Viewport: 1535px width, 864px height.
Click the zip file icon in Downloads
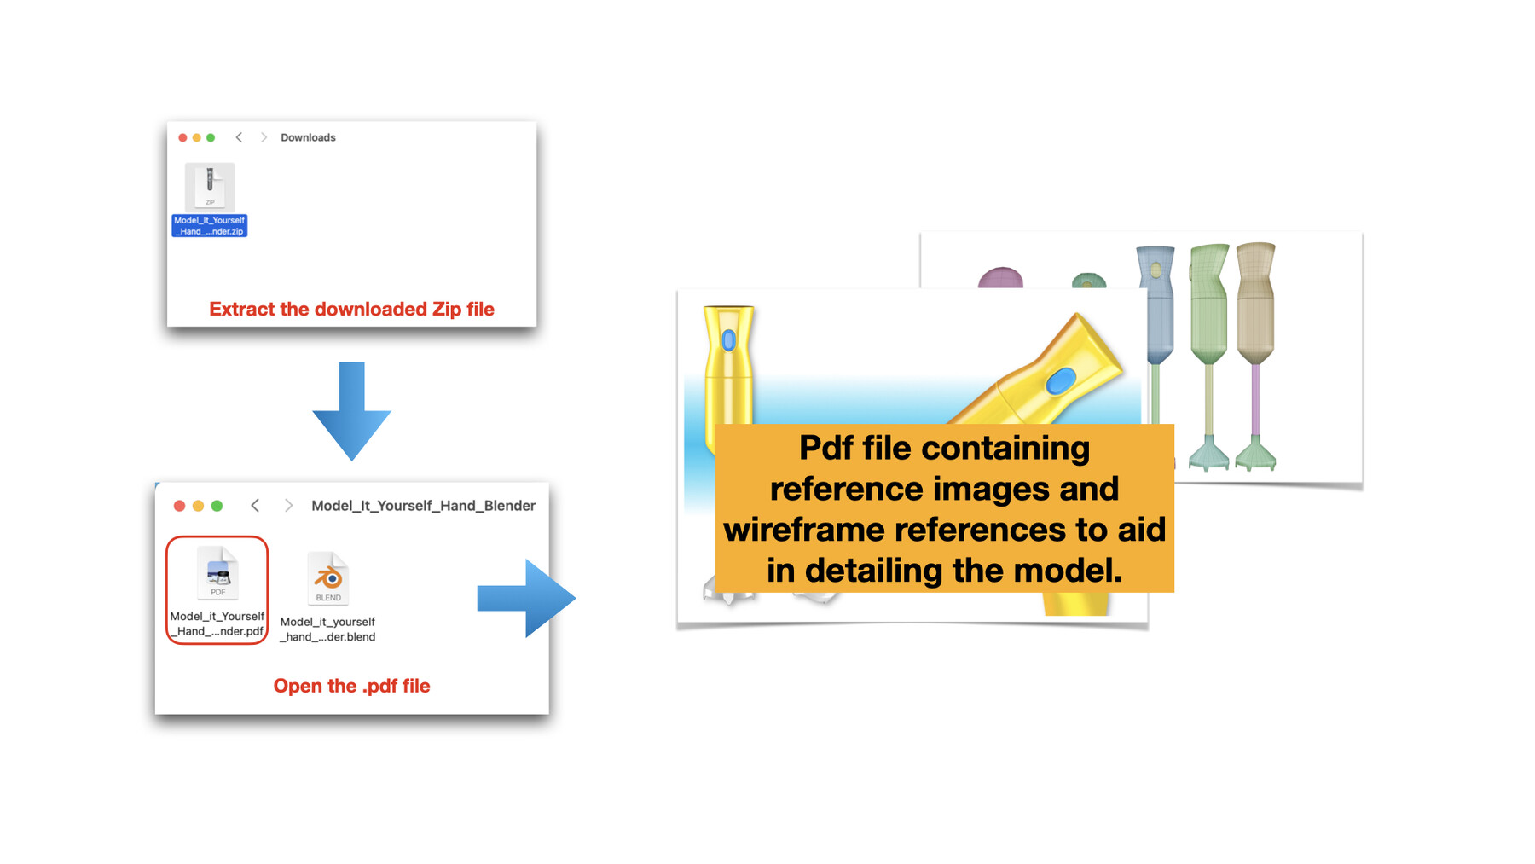pos(209,185)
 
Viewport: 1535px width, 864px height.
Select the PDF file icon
pos(217,573)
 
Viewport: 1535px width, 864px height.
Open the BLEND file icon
pos(328,578)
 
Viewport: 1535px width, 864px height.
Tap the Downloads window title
pos(308,137)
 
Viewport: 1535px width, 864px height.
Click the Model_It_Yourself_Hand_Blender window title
pos(423,506)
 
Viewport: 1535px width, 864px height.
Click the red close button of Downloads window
pos(182,137)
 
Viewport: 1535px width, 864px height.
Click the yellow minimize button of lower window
pos(198,506)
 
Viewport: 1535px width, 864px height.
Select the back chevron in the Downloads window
pos(239,137)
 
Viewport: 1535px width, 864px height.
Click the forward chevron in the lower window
pos(288,506)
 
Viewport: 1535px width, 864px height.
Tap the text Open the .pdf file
pos(351,687)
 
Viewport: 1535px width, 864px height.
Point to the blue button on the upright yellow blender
pos(728,341)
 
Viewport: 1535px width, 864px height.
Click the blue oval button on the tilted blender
pos(1060,380)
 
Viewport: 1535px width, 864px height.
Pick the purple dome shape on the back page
pos(1000,278)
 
